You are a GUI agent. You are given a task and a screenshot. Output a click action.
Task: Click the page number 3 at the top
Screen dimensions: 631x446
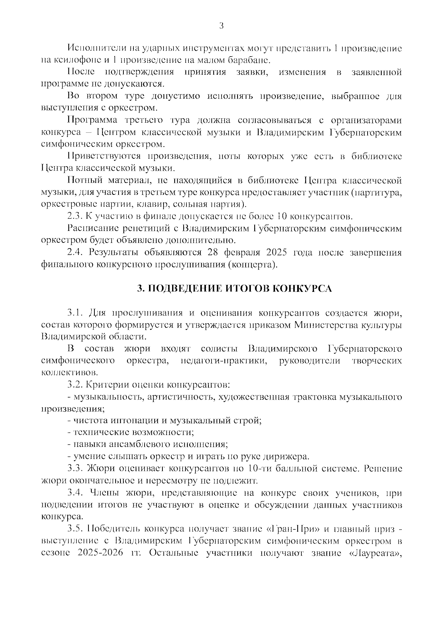(x=221, y=26)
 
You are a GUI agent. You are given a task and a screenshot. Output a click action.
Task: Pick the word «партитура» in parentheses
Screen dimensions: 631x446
(x=378, y=192)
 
